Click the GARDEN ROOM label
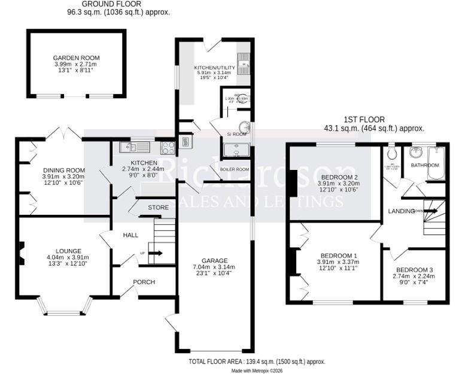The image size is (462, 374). [76, 58]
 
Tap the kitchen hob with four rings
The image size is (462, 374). [168, 147]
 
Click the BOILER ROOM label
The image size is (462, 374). [235, 169]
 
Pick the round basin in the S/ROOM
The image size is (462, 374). [244, 128]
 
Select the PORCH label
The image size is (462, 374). [144, 282]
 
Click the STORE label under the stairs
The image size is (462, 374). [158, 207]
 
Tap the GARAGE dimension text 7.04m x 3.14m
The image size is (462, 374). [214, 267]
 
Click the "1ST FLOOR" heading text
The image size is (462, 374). [364, 120]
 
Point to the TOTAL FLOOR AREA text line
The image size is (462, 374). [256, 362]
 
